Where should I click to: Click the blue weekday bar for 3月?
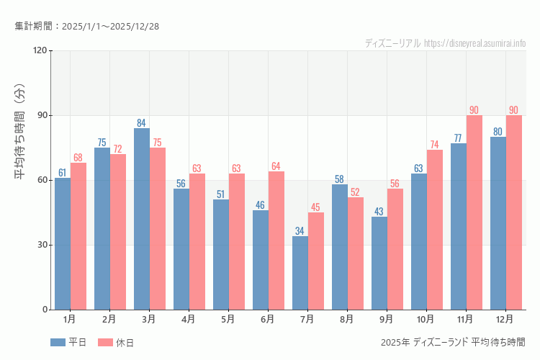142,219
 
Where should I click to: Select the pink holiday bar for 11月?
474,212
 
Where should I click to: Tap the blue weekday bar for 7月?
300,273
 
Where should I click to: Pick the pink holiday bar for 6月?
276,240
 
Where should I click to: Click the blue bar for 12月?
498,223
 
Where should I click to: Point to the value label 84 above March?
142,123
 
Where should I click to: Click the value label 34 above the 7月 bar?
300,231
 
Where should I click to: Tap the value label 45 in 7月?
315,207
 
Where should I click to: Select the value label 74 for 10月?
434,145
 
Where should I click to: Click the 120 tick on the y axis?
40,50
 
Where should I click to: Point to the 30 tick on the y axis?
42,245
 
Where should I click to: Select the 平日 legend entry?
68,343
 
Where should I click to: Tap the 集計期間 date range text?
87,27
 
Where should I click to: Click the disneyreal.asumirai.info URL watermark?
474,43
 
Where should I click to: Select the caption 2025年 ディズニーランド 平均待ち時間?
453,342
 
